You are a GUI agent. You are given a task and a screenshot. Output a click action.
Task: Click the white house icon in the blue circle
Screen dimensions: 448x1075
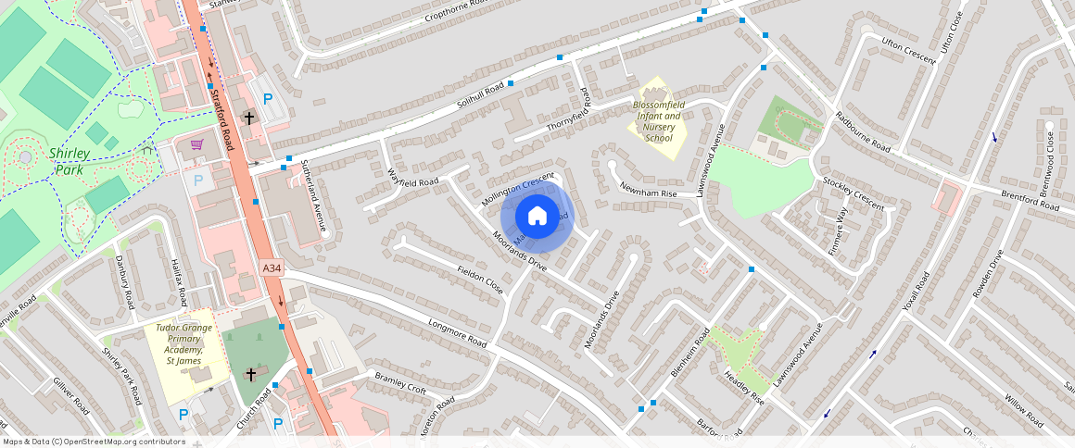[x=537, y=217]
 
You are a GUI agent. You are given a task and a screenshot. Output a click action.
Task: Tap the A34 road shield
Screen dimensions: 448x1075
[x=271, y=268]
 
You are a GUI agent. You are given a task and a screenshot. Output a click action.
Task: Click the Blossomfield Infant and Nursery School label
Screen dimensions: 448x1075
[x=657, y=121]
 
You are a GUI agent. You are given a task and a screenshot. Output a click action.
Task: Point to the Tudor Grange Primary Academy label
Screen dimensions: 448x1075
[x=183, y=344]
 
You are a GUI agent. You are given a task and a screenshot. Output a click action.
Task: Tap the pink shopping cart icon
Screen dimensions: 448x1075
[x=196, y=144]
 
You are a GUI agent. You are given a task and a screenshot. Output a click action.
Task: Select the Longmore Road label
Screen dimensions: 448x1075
[x=457, y=334]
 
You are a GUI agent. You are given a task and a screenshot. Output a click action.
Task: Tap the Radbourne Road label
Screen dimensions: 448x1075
[x=862, y=131]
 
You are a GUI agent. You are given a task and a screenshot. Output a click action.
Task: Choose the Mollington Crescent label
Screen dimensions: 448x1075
[x=518, y=189]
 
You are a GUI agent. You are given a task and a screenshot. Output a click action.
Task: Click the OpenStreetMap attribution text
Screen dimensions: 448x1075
[x=94, y=442]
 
